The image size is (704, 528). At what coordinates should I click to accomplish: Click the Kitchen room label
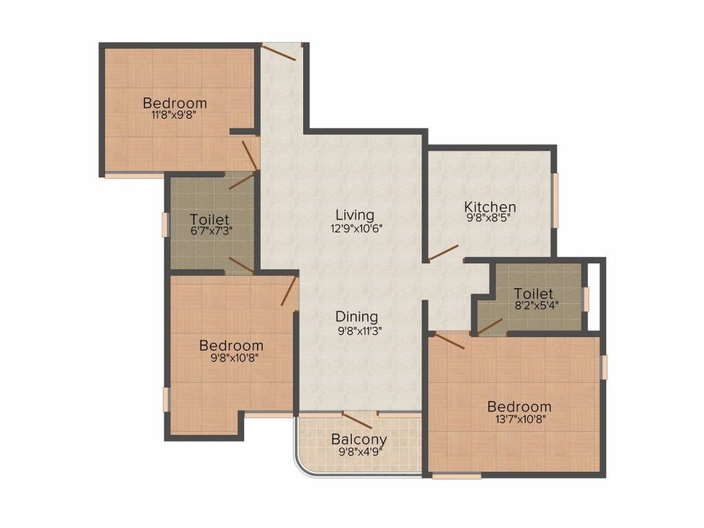(489, 207)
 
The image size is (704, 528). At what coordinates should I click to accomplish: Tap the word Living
(355, 215)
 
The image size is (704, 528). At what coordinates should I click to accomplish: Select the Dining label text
(357, 317)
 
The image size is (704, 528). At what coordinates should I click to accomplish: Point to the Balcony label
(359, 439)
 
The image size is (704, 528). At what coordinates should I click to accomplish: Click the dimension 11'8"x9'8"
(174, 115)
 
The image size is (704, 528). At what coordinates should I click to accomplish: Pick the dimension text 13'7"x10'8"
(520, 419)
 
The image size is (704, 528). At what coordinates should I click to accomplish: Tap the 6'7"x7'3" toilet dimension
(210, 231)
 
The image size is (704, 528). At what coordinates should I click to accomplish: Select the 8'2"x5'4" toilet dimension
(533, 305)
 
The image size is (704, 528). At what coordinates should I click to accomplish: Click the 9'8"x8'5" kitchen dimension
(489, 219)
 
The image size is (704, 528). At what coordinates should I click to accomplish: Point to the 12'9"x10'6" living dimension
(355, 228)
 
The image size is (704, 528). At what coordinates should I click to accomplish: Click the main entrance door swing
(279, 51)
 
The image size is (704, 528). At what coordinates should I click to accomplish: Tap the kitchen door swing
(443, 252)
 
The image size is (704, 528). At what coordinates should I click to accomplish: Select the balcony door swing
(357, 420)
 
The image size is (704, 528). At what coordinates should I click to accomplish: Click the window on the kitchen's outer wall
(555, 200)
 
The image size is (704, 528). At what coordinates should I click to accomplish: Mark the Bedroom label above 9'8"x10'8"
(231, 346)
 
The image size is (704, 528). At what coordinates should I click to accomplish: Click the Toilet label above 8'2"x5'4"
(533, 294)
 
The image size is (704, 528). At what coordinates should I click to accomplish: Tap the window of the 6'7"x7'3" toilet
(165, 225)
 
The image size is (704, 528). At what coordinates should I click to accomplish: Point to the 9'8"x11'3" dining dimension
(357, 331)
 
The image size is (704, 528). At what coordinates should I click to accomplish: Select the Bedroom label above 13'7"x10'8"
(520, 407)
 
